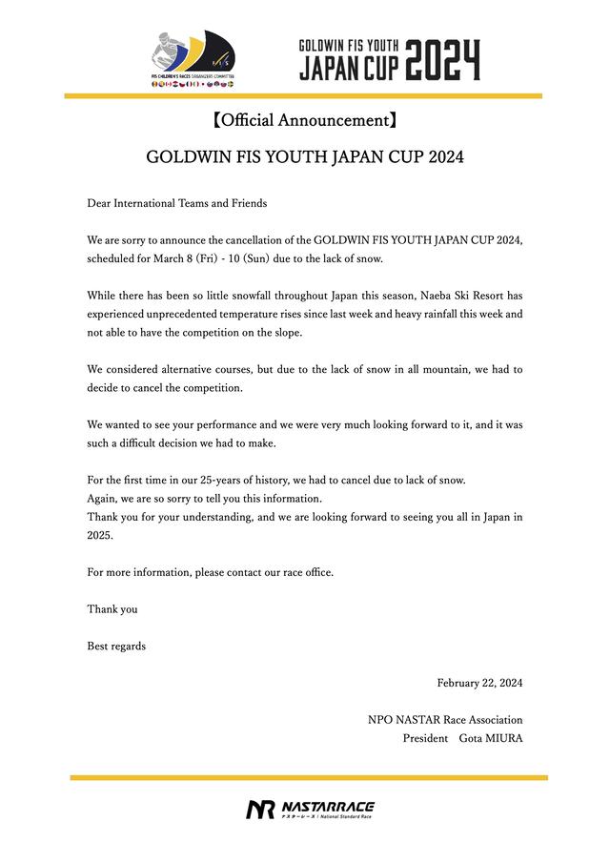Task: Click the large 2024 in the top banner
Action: pos(442,59)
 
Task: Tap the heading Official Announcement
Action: pos(304,120)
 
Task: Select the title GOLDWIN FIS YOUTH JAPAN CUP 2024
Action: pos(305,156)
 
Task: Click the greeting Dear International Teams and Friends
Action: pos(177,203)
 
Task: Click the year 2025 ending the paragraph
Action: pos(99,535)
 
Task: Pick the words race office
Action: pos(309,572)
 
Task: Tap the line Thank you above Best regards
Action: pos(112,608)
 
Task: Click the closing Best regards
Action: pos(116,646)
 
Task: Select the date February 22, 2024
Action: pos(479,683)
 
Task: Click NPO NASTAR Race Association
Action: pos(445,720)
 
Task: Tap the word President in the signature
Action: pos(425,738)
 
